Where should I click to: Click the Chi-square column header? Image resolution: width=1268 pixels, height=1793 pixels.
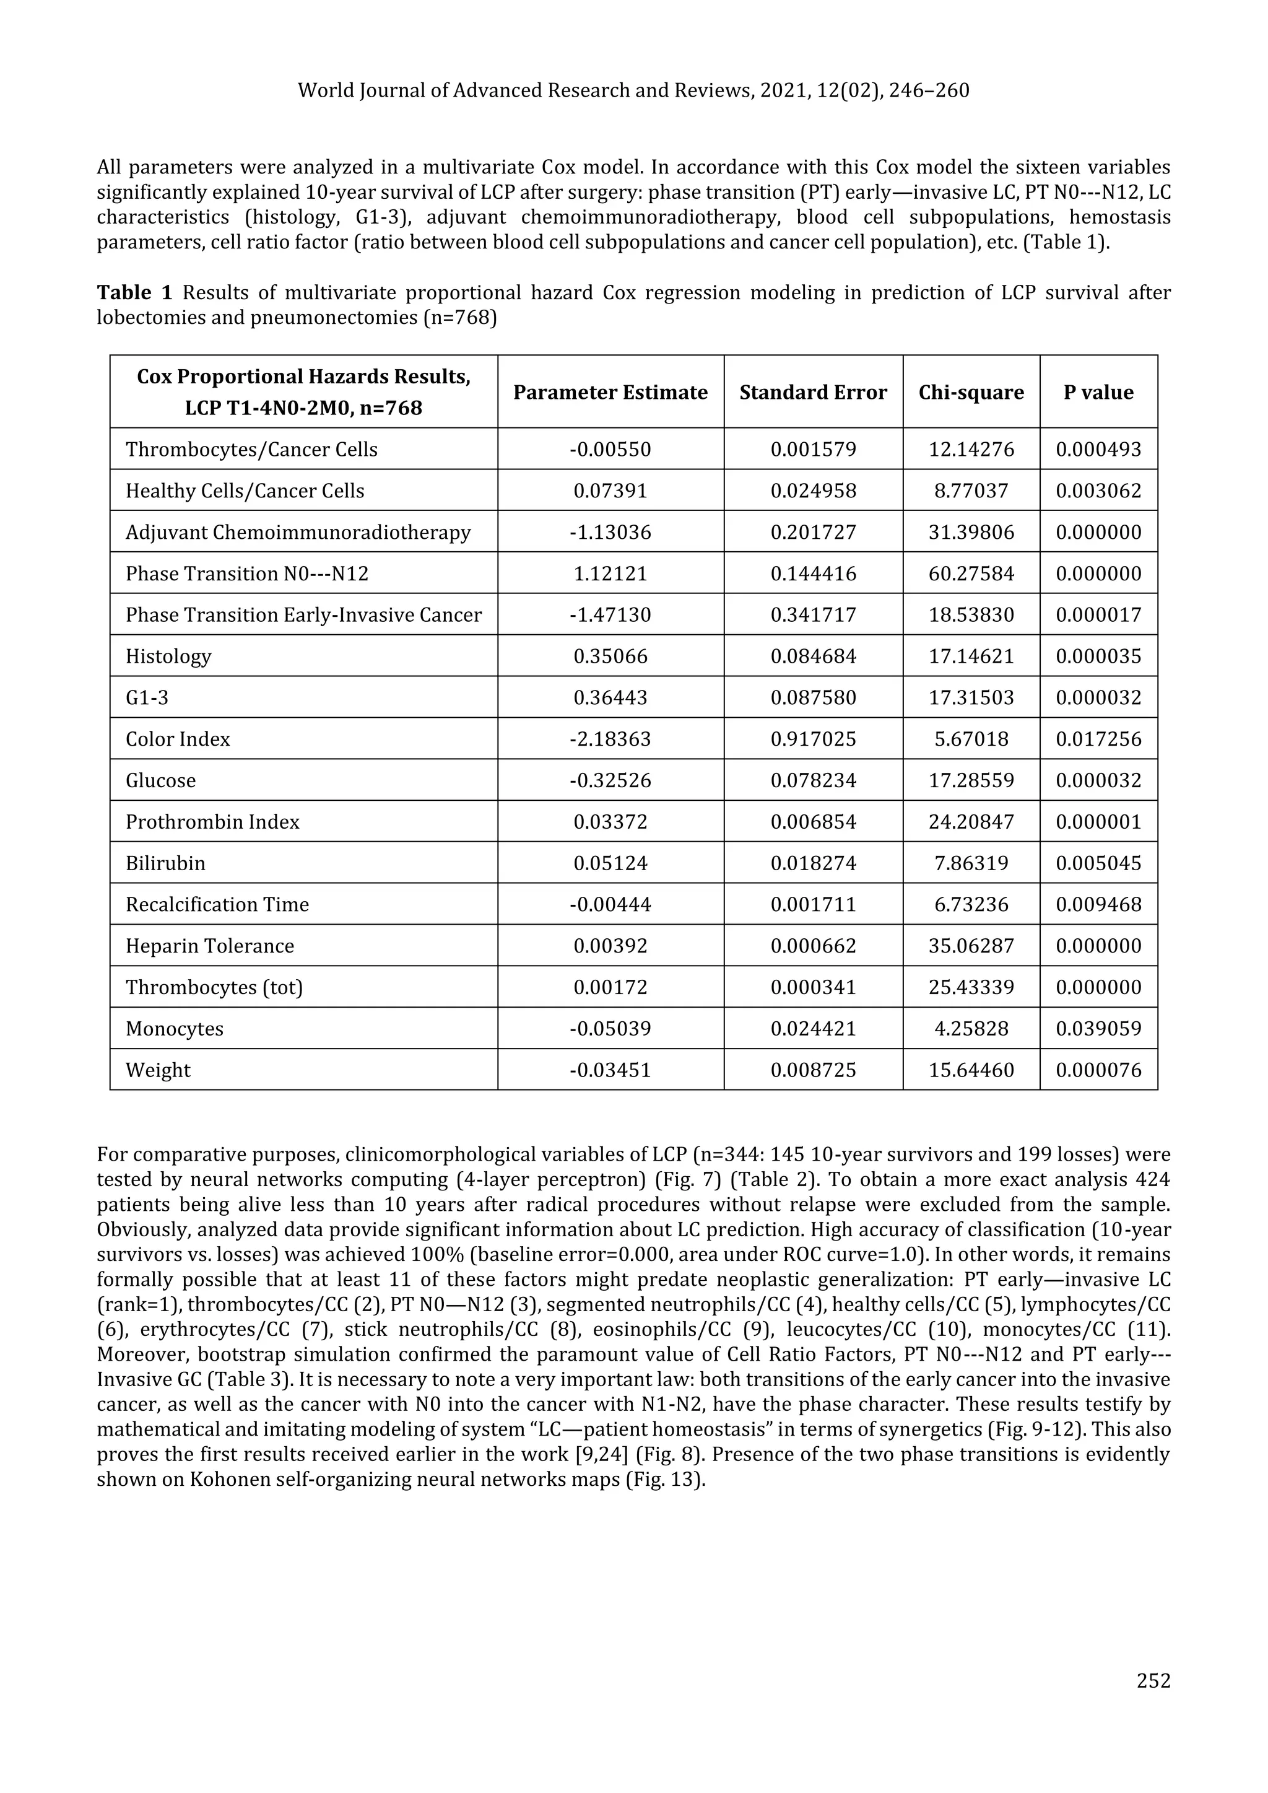click(x=971, y=392)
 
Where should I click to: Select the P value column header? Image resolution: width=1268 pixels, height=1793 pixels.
click(x=1098, y=392)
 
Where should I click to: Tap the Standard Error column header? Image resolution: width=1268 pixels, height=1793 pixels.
click(x=813, y=392)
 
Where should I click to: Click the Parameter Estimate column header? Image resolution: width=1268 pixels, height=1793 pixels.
click(x=610, y=392)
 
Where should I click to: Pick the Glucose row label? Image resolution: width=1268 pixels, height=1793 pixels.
click(x=161, y=780)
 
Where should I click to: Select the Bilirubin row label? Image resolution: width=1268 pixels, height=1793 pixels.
click(x=165, y=863)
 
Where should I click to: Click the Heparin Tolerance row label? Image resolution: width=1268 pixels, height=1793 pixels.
click(x=210, y=946)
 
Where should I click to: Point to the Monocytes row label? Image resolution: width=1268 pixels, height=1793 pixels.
click(x=174, y=1029)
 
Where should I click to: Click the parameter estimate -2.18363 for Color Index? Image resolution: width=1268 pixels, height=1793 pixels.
click(x=610, y=739)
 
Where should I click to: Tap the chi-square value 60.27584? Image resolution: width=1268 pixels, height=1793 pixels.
click(x=971, y=574)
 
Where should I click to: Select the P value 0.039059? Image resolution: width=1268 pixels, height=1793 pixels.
click(x=1098, y=1029)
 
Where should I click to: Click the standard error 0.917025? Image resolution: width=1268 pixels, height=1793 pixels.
click(x=813, y=739)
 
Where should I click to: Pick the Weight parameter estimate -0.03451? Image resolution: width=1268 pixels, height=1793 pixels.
click(x=610, y=1070)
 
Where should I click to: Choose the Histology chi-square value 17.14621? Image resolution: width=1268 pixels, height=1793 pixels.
click(x=971, y=656)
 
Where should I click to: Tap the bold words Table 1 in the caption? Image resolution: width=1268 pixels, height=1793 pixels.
click(x=134, y=293)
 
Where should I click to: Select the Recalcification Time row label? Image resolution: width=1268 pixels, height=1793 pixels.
click(x=217, y=904)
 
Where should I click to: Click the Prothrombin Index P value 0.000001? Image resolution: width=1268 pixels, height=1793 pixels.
click(x=1098, y=821)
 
